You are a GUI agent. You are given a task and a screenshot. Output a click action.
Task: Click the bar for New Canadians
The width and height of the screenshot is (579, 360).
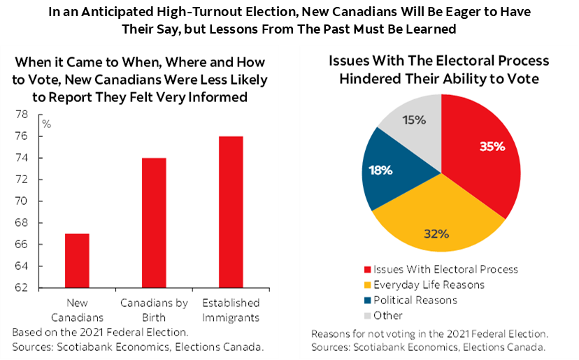tap(78, 260)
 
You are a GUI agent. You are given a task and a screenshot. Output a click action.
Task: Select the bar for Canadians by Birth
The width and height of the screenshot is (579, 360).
tap(155, 222)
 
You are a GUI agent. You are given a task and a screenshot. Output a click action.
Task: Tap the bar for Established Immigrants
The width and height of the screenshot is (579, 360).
tap(231, 212)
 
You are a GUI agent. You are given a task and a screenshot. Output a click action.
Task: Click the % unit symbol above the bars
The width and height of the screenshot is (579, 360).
tap(47, 124)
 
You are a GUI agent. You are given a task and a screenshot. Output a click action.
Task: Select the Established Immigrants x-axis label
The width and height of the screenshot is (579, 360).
tap(231, 310)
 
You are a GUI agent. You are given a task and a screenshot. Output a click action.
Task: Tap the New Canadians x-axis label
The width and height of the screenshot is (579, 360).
tap(78, 310)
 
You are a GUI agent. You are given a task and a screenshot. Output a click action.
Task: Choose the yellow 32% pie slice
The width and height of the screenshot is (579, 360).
tap(437, 224)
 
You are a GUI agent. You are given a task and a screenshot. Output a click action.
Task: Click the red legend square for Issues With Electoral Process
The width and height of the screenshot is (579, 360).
tap(367, 269)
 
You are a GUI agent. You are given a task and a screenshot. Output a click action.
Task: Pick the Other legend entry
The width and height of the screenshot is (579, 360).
tap(388, 315)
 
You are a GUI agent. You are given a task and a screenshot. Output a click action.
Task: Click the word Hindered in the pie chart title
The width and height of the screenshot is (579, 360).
tap(368, 78)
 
